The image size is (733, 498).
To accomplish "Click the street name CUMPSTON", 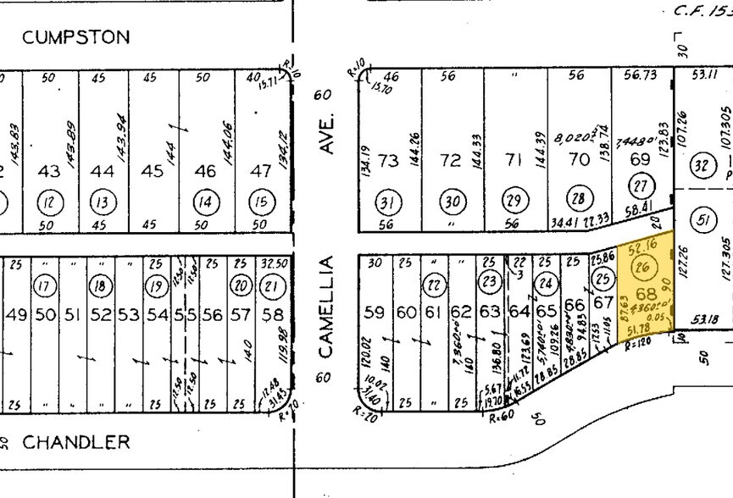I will (76, 37).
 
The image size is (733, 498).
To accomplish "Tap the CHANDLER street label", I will (76, 442).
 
